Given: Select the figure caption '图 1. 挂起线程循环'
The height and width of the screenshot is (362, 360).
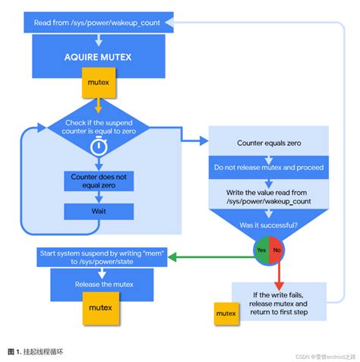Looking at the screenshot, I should tap(39, 351).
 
